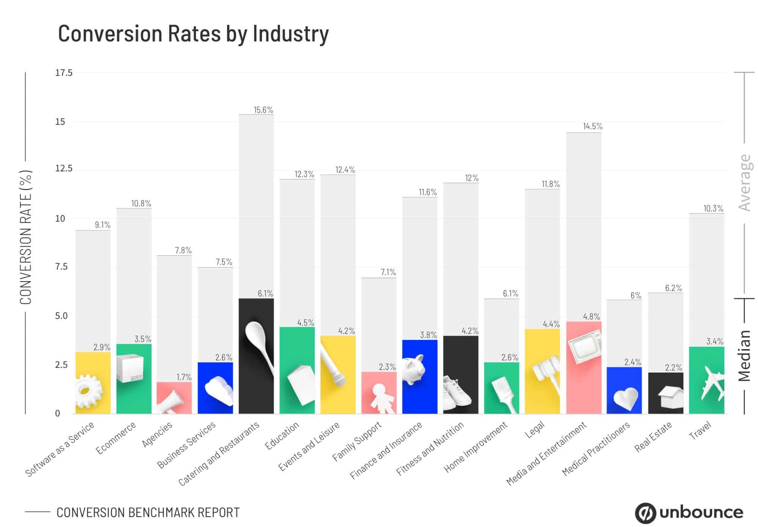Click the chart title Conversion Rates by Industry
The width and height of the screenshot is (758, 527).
[x=193, y=33]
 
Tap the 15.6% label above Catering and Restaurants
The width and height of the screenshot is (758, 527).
[x=263, y=110]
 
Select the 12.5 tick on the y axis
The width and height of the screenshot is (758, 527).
[x=64, y=168]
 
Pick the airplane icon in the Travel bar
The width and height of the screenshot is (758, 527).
[x=712, y=383]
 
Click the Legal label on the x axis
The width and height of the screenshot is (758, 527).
[x=535, y=430]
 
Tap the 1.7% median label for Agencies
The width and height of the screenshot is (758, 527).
[x=184, y=377]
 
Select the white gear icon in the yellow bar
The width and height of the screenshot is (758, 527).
[x=89, y=391]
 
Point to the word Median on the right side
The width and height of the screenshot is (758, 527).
[x=744, y=356]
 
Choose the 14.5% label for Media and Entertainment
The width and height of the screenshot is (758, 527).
[x=592, y=126]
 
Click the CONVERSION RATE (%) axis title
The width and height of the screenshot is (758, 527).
[x=26, y=237]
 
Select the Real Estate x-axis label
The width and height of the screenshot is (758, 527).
[x=653, y=437]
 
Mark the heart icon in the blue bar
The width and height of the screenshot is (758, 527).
[x=625, y=398]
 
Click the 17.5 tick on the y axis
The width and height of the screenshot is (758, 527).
[x=64, y=73]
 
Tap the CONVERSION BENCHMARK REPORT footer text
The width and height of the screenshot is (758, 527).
[x=148, y=513]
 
